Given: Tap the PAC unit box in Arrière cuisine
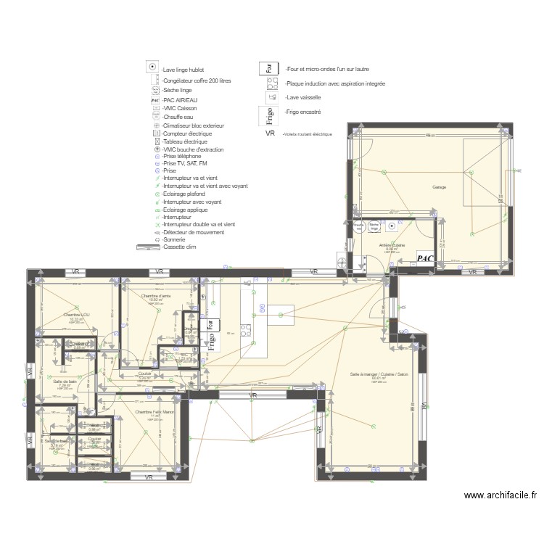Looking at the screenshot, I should (426, 257).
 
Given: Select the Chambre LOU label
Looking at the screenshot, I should (75, 315).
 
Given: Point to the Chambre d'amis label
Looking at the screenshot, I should (156, 296).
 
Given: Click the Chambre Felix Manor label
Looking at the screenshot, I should (154, 412).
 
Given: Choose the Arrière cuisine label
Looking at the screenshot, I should (392, 246).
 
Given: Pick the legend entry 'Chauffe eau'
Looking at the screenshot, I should (179, 117).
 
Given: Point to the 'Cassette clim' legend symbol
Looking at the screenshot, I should (148, 247).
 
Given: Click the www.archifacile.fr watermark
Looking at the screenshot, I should (500, 496).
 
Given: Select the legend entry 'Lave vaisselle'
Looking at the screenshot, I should (303, 96).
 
